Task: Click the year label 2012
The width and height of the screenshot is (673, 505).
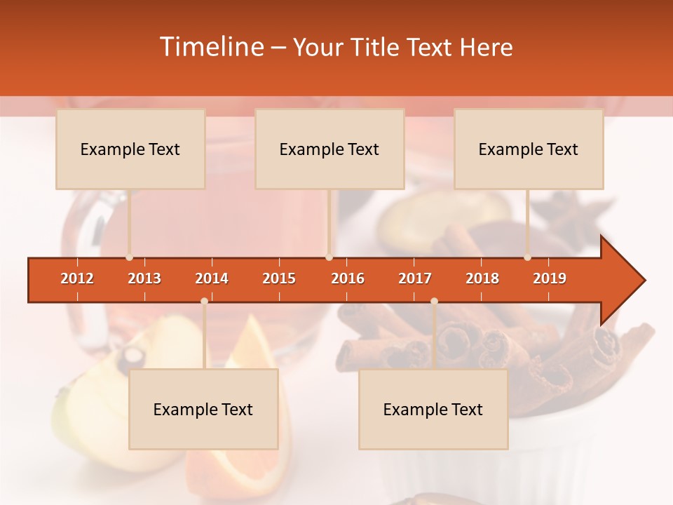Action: (77, 278)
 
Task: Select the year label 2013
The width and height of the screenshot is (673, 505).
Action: (144, 278)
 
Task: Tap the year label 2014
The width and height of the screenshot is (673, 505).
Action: (212, 278)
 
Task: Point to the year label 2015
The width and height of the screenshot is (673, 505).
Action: (279, 278)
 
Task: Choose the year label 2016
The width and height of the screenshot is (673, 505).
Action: (348, 278)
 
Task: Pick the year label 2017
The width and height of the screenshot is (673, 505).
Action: (415, 278)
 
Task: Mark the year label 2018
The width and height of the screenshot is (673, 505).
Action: (482, 278)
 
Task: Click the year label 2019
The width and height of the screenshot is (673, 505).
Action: (550, 278)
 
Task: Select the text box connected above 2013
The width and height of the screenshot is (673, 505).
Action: (130, 149)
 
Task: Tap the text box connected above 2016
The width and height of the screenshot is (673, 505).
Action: (329, 149)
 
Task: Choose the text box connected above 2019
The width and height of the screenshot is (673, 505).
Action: (529, 149)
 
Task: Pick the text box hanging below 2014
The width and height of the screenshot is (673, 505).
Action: (203, 409)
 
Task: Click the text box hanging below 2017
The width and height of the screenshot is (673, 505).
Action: (433, 409)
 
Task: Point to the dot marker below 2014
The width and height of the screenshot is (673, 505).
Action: (204, 302)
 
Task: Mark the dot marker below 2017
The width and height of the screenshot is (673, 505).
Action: (434, 302)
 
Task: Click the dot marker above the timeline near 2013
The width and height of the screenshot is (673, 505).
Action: (129, 257)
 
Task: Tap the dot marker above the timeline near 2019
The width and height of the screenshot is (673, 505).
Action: (527, 257)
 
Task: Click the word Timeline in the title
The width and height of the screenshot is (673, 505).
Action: (210, 47)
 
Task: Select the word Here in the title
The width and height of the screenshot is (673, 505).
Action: (486, 47)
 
